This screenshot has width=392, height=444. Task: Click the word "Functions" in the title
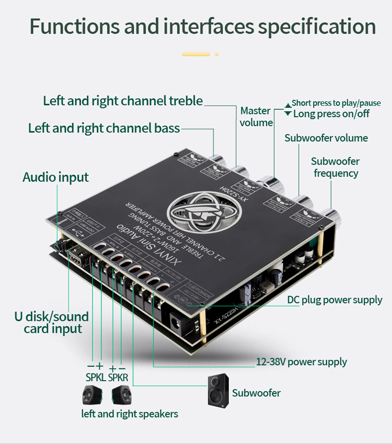point(74,27)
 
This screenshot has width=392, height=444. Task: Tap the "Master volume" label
point(256,117)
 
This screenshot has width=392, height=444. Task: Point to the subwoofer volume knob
point(302,200)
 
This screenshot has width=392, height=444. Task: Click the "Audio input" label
point(56,177)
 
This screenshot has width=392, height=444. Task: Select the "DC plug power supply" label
point(334,300)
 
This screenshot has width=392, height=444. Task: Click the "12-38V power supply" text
point(301,362)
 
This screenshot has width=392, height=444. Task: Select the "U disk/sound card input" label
point(51,323)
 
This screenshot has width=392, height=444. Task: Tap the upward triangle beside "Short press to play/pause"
point(288,105)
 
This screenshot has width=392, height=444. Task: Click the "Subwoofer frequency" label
point(336,167)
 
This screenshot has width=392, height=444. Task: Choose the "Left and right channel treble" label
point(123,101)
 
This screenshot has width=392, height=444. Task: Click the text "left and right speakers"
point(129,413)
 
